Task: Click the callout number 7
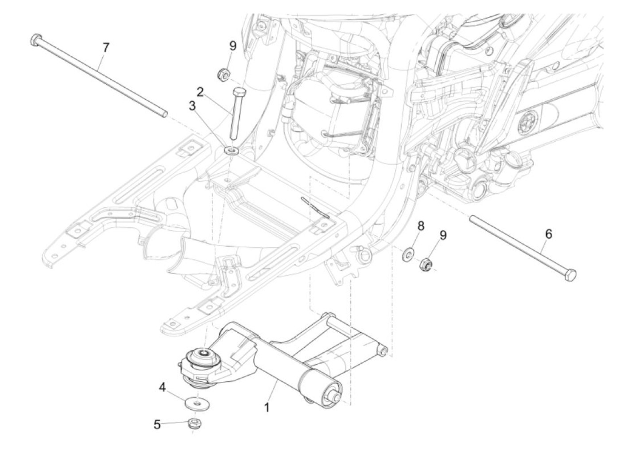[x=105, y=47]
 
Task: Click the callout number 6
[x=548, y=234]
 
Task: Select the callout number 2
[x=200, y=92]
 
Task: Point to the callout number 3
[x=192, y=106]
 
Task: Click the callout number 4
[x=163, y=388]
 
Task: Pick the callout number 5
[x=157, y=424]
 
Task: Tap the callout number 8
[x=420, y=225]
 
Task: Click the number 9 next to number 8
[x=442, y=235]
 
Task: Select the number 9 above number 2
[x=232, y=46]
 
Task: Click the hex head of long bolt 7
[x=35, y=39]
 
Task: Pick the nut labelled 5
[x=194, y=423]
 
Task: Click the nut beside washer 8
[x=426, y=265]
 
